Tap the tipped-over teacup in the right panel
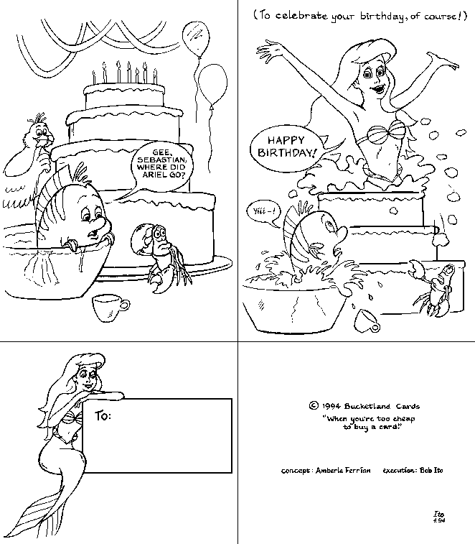coord(367,321)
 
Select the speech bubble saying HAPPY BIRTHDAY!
coord(288,146)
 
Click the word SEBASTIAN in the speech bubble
coord(161,160)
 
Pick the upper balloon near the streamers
coord(196,39)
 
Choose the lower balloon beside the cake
coord(212,85)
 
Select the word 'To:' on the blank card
coord(103,415)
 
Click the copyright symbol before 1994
coord(314,405)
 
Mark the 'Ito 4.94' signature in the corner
coord(439,517)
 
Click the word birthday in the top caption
coord(381,17)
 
